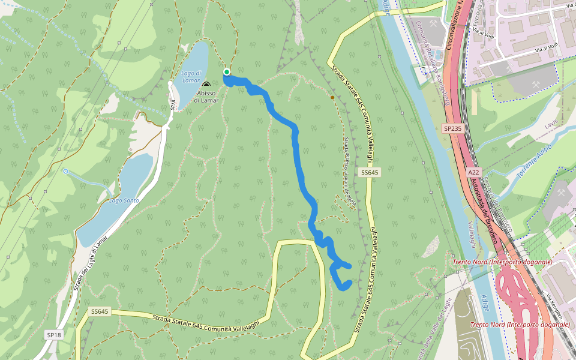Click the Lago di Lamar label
[x=191, y=77]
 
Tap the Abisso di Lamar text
[x=206, y=97]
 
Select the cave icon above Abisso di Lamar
[x=206, y=85]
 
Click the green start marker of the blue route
[x=227, y=73]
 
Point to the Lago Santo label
[x=124, y=200]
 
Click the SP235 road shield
[x=453, y=128]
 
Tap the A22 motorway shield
[x=473, y=172]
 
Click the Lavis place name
[x=550, y=124]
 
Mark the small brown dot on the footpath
[x=332, y=97]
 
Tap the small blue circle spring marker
[x=65, y=172]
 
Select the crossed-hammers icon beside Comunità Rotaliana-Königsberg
[x=434, y=25]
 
